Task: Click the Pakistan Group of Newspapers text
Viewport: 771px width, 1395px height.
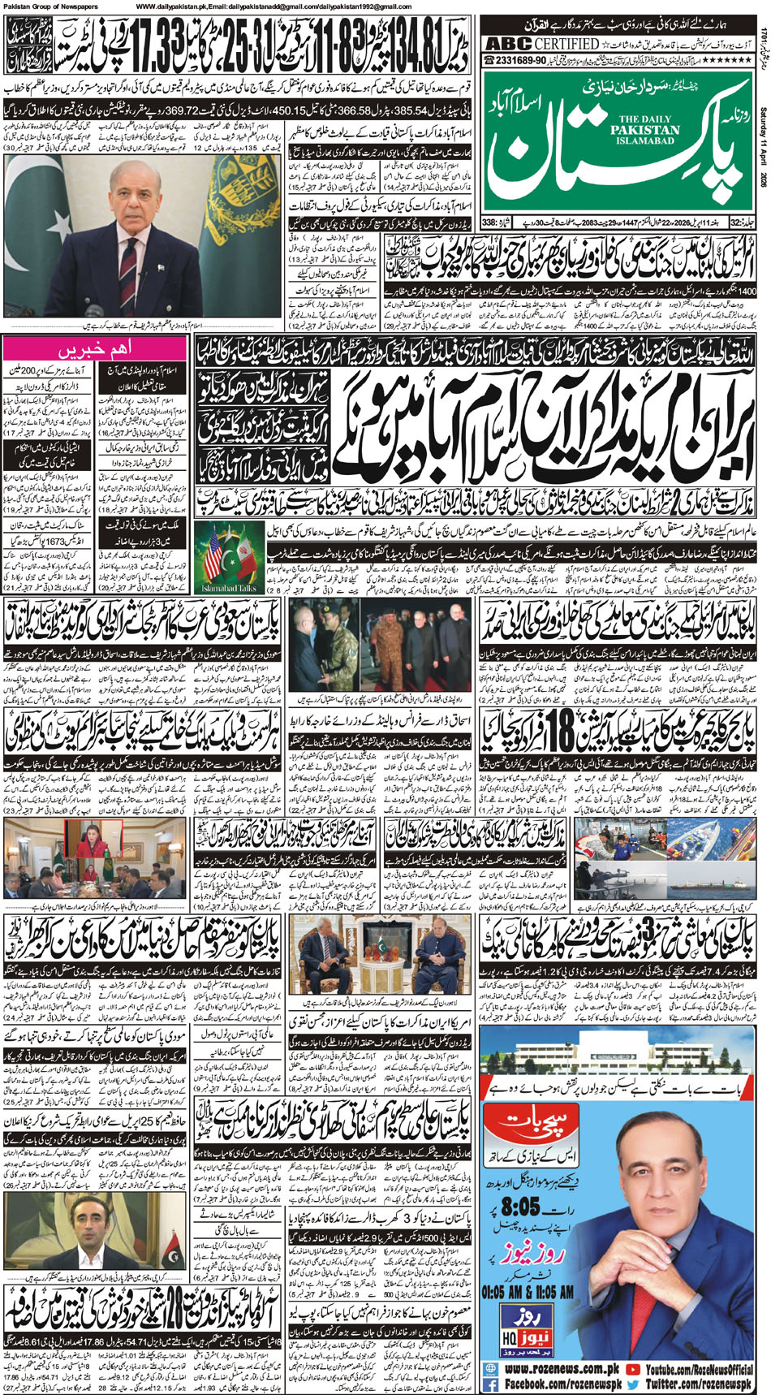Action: point(49,6)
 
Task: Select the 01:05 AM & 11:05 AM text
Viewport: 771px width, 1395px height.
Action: point(528,1292)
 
